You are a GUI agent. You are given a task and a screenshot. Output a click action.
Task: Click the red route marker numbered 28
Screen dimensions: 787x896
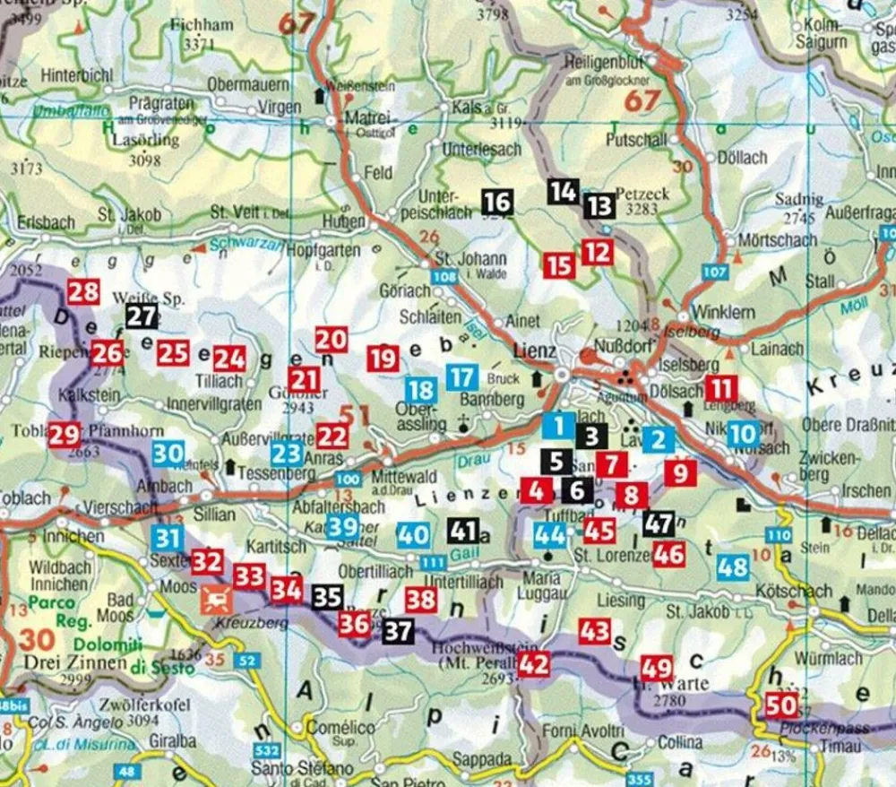[83, 292]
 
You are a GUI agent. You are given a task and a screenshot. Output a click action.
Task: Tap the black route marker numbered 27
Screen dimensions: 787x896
[142, 316]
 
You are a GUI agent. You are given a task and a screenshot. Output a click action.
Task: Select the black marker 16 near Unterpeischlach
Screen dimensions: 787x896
[497, 203]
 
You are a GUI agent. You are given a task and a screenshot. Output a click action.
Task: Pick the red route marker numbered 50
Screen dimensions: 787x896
[780, 705]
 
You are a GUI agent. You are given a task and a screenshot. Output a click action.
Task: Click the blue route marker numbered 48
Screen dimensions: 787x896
[733, 566]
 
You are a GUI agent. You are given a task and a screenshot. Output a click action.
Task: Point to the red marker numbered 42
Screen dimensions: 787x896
[533, 664]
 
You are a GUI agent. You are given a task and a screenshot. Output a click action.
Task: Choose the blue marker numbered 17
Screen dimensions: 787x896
[461, 377]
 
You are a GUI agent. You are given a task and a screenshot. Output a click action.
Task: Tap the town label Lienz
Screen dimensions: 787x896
[536, 350]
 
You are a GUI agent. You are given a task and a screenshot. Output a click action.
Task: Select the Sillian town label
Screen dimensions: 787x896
[214, 515]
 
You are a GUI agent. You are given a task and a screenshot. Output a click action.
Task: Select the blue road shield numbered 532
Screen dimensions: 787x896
[263, 749]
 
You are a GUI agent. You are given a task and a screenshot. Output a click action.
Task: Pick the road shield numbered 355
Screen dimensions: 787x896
[640, 779]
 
